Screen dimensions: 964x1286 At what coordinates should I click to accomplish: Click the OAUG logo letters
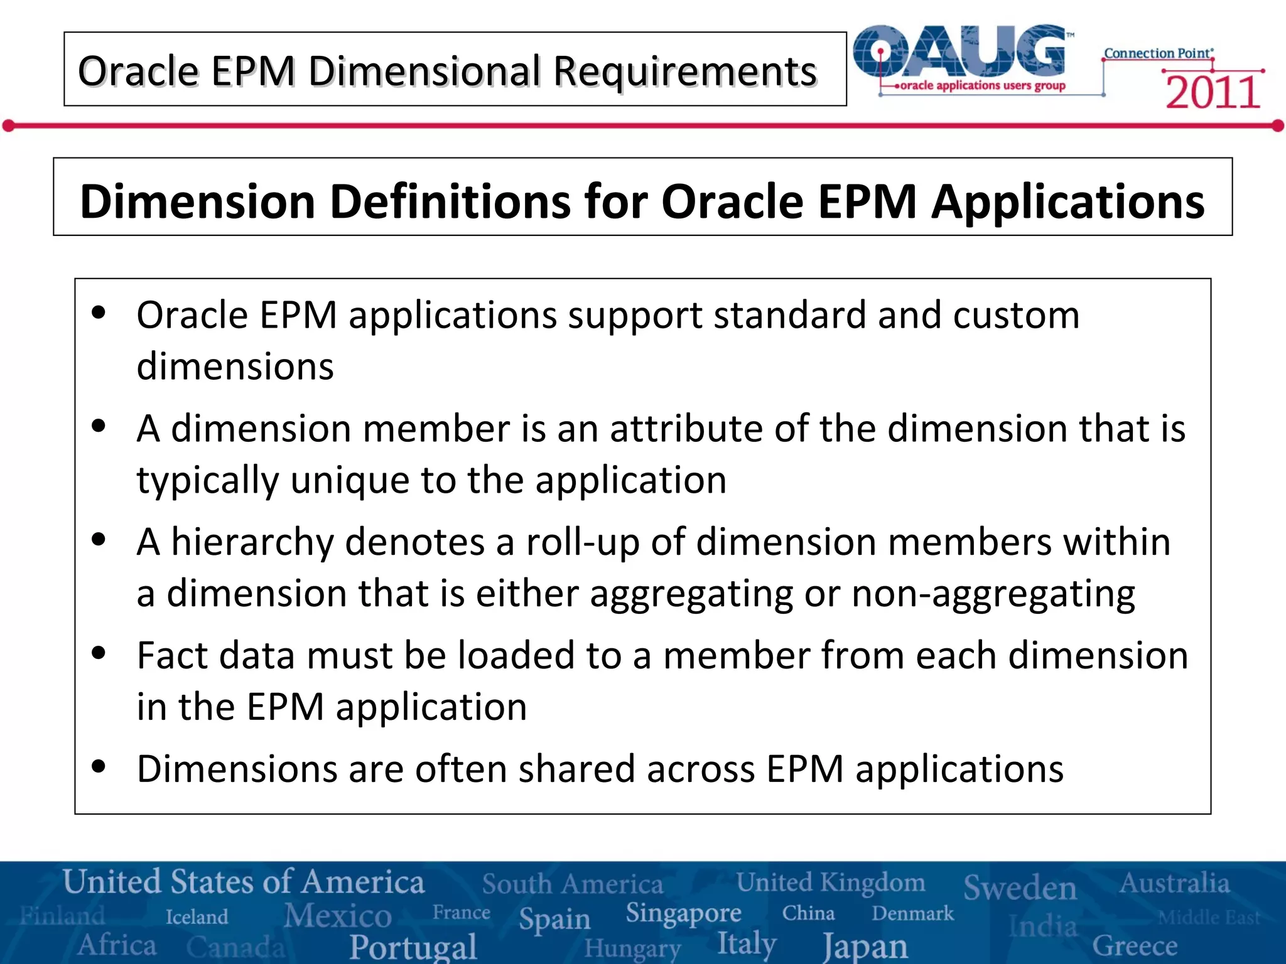(961, 52)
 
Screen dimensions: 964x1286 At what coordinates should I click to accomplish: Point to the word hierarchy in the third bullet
(252, 542)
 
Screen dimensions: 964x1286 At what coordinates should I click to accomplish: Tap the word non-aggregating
(993, 593)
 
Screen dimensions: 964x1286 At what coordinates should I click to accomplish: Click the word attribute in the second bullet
(686, 429)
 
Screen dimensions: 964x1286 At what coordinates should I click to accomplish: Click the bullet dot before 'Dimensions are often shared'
(99, 766)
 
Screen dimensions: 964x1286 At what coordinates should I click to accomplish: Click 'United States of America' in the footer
(244, 882)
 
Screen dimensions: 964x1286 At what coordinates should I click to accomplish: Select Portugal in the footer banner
(413, 946)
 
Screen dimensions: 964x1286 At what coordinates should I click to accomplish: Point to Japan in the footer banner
(865, 946)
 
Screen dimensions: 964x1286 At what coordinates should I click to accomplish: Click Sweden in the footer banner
(1020, 887)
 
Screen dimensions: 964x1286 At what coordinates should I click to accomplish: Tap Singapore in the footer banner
(683, 914)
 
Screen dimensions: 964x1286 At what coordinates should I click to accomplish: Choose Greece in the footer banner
(1135, 945)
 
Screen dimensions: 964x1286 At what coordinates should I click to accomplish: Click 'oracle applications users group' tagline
(983, 85)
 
